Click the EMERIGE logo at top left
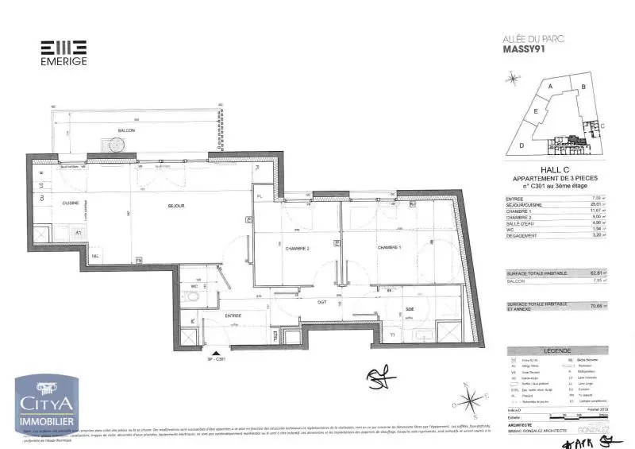63,52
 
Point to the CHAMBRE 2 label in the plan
297,250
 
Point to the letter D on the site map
521,146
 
